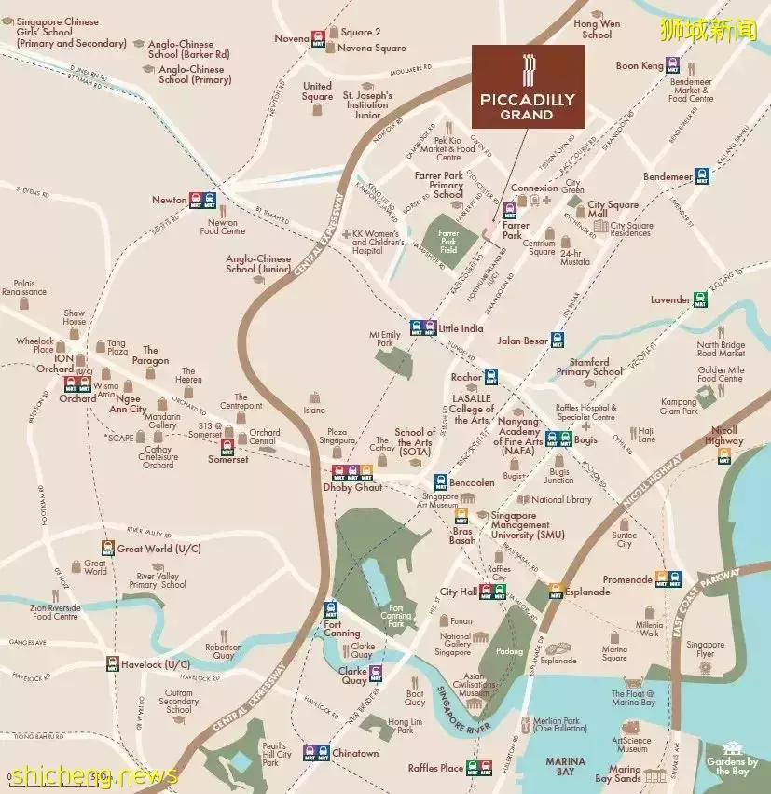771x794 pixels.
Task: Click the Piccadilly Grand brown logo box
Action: [x=528, y=87]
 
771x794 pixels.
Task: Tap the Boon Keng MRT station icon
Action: [x=673, y=66]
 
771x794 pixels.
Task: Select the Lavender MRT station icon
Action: [x=700, y=299]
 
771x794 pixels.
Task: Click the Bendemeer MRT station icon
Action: [x=702, y=175]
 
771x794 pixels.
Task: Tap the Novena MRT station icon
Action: [x=319, y=38]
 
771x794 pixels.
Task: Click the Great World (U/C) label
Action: [x=158, y=549]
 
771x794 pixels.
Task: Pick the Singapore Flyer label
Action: [x=705, y=649]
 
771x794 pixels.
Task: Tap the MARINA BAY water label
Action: [x=565, y=766]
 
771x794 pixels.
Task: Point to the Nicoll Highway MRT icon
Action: [x=723, y=455]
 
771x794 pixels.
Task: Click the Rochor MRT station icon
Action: [x=490, y=377]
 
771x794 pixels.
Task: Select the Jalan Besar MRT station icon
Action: [x=558, y=341]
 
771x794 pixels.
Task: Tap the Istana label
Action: [x=314, y=410]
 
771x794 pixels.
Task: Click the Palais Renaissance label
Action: [x=24, y=287]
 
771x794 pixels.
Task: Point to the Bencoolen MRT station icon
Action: [x=441, y=482]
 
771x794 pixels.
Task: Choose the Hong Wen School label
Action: [x=597, y=29]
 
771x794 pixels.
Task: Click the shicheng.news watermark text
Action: [x=93, y=775]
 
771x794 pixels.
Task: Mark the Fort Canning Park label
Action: [x=395, y=618]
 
